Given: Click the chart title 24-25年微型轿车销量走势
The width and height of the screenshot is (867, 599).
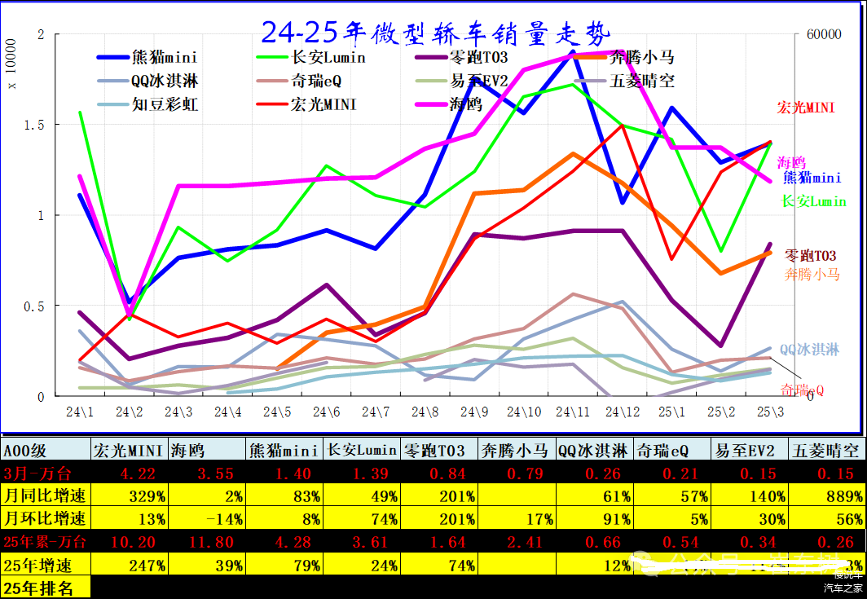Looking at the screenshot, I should coord(433,33).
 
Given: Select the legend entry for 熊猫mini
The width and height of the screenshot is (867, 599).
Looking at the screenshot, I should coord(164,58).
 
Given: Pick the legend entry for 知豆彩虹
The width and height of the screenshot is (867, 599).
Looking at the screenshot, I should coord(164,105).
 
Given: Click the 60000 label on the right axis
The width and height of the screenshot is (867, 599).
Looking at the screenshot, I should coord(822,35).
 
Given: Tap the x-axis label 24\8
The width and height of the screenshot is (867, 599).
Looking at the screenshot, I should coord(426,412).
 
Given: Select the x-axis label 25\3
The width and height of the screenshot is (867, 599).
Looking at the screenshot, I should coord(770,412).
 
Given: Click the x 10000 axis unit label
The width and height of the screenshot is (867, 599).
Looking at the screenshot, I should coord(11,73).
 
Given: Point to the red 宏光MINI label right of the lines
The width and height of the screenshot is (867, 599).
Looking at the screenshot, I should coord(805,108).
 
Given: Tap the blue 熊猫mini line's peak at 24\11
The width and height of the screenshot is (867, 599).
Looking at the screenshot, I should coord(573,51).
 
